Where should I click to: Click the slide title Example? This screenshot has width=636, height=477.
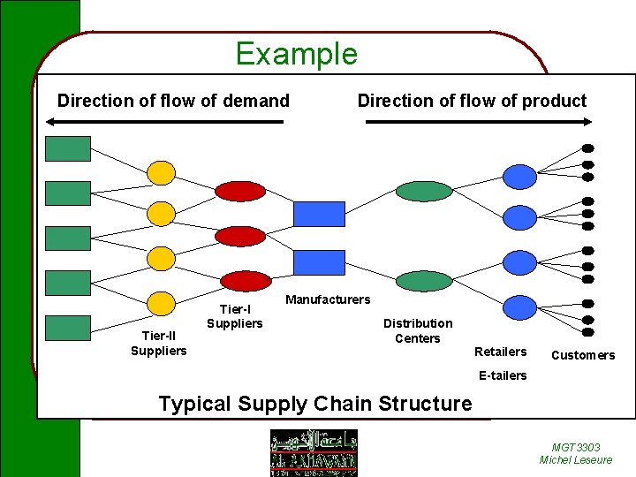point(296,55)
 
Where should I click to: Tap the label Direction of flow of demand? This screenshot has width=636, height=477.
point(173,101)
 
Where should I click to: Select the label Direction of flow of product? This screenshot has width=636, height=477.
point(472,101)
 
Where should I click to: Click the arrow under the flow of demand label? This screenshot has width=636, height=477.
point(167,122)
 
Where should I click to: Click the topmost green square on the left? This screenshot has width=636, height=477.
point(68,148)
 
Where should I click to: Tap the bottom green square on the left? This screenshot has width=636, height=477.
point(68,328)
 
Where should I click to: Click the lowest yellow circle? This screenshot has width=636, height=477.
point(161,303)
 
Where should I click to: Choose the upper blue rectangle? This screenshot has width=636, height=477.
point(319,214)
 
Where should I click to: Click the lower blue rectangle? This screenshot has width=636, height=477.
point(319,262)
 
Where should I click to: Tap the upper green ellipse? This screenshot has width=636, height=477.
point(424,191)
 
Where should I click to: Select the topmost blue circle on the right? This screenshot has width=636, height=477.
point(519,176)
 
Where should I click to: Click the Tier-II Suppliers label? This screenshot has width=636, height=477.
point(159,344)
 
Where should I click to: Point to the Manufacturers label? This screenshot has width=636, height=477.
point(328,300)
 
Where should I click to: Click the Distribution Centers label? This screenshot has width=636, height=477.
point(418,331)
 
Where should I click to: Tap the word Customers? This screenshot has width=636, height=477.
point(583,355)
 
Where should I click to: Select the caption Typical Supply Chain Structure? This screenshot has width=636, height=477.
point(314,404)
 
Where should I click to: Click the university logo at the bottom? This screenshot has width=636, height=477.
point(314,451)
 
